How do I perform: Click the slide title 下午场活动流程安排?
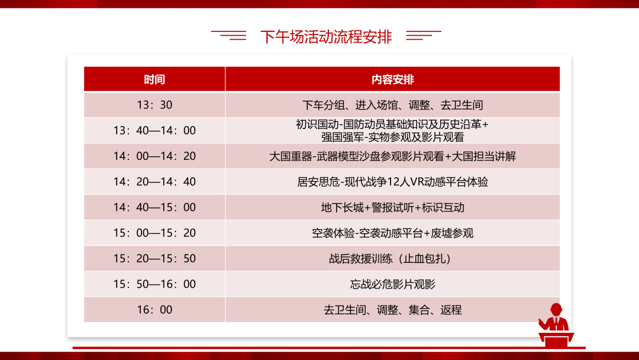click(x=325, y=37)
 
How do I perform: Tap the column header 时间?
click(x=154, y=79)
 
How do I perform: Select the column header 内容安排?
click(x=392, y=79)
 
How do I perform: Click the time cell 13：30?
click(x=154, y=105)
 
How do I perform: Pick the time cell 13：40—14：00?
click(x=154, y=130)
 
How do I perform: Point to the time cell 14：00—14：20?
click(x=154, y=156)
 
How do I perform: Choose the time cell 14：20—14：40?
click(x=154, y=182)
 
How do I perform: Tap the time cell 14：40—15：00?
click(x=154, y=207)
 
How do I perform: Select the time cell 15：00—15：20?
click(x=154, y=233)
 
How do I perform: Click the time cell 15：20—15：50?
click(x=154, y=259)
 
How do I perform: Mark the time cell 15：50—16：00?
click(x=154, y=284)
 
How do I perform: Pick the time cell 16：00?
click(x=154, y=310)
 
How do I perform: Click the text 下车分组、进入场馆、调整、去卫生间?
click(x=392, y=105)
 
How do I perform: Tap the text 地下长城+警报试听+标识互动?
click(x=392, y=207)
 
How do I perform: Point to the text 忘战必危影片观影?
click(x=392, y=284)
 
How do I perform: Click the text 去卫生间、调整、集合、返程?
click(x=392, y=310)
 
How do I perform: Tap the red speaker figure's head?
click(x=556, y=309)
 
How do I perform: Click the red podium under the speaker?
click(x=556, y=339)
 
